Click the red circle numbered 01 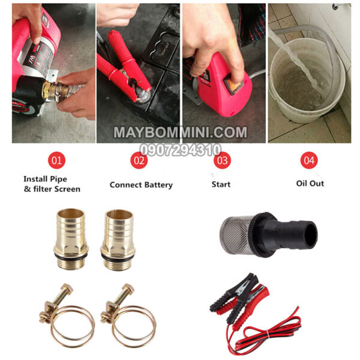(57, 160)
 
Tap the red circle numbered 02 (139, 160)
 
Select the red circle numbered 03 (222, 160)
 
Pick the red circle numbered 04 (309, 160)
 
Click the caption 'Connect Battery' (141, 185)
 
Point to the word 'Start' (221, 184)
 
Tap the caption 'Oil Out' (310, 184)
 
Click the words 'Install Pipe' (45, 179)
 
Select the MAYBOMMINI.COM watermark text (180, 133)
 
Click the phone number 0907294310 (180, 150)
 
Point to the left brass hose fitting (71, 239)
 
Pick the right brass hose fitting (118, 240)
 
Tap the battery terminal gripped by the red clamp (143, 95)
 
